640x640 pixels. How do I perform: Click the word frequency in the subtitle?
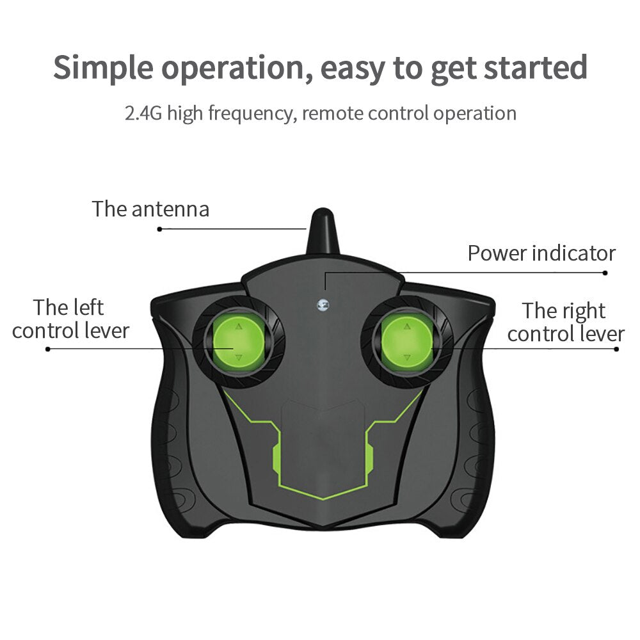coord(251,114)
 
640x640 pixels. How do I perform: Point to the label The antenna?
coord(150,209)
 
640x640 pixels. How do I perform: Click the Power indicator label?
coord(541,253)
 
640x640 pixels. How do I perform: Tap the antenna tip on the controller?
coord(322,212)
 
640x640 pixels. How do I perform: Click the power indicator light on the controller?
coord(323,304)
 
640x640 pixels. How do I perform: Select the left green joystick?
coord(239,342)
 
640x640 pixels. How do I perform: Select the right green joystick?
coord(407,342)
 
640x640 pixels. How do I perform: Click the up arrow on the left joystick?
coord(239,326)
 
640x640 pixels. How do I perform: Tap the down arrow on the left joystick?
coord(239,358)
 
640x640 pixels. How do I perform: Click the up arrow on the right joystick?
coord(407,326)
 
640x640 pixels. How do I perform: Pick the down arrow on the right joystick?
coord(407,358)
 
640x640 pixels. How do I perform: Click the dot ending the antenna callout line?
coord(159,229)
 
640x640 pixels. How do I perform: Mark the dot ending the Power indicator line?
coord(605,273)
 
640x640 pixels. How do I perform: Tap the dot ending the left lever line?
coord(48,349)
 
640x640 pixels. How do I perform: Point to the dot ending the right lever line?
coord(616,349)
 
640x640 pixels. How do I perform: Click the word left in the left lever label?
coord(86,307)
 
